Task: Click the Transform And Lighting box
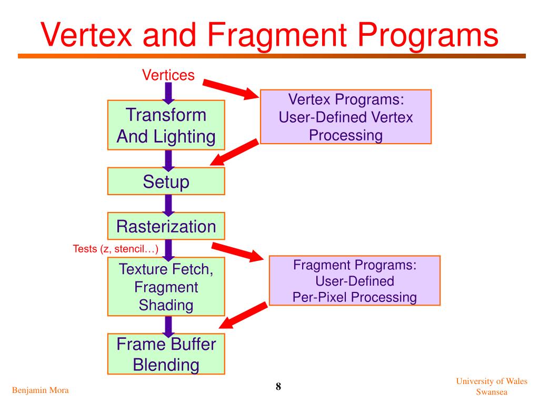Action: pos(166,125)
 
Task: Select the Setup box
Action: pos(166,181)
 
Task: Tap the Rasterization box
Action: pos(166,226)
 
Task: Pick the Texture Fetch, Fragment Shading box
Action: pos(166,287)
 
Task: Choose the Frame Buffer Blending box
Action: pos(166,353)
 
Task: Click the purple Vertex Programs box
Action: pos(346,117)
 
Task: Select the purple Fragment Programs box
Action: pos(354,280)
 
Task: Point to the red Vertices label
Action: pos(168,75)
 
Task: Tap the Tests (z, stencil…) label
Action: pos(115,248)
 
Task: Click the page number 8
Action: pos(278,387)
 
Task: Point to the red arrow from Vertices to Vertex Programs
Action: pos(231,89)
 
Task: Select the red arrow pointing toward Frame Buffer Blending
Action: pos(243,316)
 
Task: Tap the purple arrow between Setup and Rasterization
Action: pos(168,204)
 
